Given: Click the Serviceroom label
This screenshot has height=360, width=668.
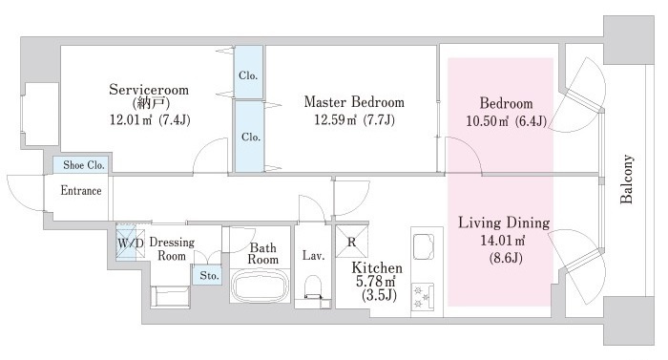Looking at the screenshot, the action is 149,90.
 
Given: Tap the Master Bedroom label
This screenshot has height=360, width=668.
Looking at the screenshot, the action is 354,102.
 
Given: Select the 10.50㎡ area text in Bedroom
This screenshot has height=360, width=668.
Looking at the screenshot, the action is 488,121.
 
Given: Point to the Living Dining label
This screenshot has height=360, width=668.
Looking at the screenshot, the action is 504,222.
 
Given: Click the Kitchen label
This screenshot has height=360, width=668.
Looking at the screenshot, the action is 377,268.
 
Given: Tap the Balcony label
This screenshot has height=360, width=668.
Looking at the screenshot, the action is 626,180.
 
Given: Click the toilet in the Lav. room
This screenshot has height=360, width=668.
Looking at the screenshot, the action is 313,287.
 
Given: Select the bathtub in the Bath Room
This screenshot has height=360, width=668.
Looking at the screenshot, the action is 260,286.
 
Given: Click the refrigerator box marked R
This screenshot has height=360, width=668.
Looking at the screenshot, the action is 351,242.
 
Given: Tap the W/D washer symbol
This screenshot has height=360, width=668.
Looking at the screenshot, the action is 127,244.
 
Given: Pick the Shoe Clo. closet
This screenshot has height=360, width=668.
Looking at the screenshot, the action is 80,165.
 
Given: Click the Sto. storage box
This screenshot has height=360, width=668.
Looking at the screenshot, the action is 209,276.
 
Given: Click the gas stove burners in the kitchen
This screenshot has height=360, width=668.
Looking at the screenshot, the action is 423,297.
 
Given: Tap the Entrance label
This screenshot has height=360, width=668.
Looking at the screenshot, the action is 81,190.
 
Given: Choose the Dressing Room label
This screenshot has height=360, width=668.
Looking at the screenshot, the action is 172,249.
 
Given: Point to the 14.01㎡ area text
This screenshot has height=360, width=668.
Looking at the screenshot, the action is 503,240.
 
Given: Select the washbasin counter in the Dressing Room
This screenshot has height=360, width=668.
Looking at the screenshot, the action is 170,296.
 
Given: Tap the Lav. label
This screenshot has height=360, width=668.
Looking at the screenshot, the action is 313,256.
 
